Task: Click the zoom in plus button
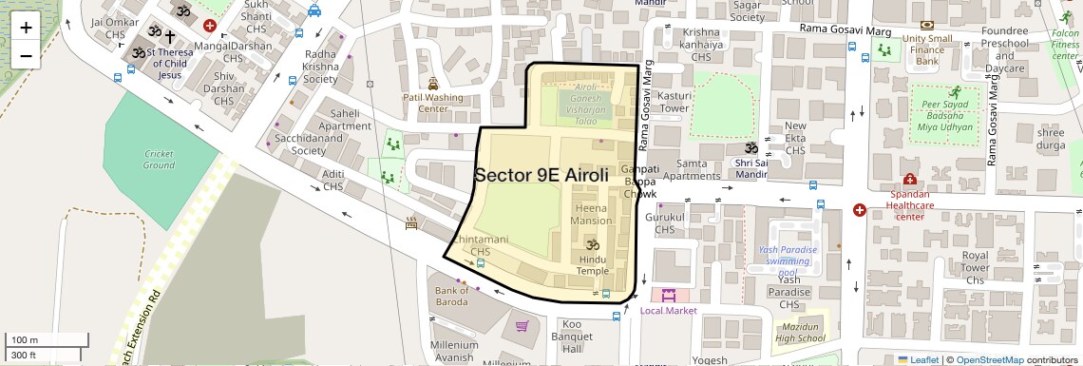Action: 26,28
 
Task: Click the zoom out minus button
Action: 26,55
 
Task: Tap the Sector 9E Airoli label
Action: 541,175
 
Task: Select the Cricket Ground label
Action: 159,159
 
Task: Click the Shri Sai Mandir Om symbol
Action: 750,149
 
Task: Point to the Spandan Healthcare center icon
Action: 909,179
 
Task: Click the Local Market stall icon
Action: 669,295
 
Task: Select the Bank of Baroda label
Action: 451,296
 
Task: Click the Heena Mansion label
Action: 591,214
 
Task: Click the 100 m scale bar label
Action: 25,339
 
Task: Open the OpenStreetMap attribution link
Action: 989,359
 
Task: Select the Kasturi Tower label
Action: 674,102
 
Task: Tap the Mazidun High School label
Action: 799,332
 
